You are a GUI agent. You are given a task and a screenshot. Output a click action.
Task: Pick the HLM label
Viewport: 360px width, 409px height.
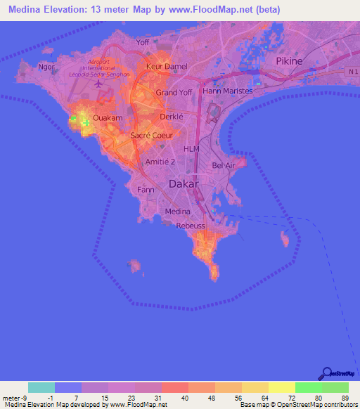[191, 149]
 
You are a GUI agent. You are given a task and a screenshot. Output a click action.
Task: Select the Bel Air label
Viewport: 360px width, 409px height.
[224, 166]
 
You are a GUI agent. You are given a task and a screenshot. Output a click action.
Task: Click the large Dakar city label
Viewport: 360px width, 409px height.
[185, 185]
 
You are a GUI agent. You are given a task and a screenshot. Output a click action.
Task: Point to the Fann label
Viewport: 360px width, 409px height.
[146, 190]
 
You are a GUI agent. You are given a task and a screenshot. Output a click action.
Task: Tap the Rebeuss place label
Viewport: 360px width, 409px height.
[191, 226]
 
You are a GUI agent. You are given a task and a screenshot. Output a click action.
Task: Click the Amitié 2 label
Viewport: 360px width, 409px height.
[160, 162]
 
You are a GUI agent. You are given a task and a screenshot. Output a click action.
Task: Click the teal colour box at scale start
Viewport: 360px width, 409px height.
[41, 387]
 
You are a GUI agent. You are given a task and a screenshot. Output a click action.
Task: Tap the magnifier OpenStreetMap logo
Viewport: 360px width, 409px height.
[327, 373]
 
